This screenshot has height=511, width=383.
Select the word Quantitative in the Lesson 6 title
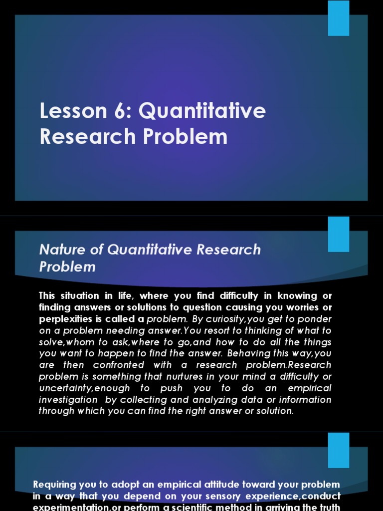202,111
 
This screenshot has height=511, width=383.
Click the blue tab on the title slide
339,18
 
